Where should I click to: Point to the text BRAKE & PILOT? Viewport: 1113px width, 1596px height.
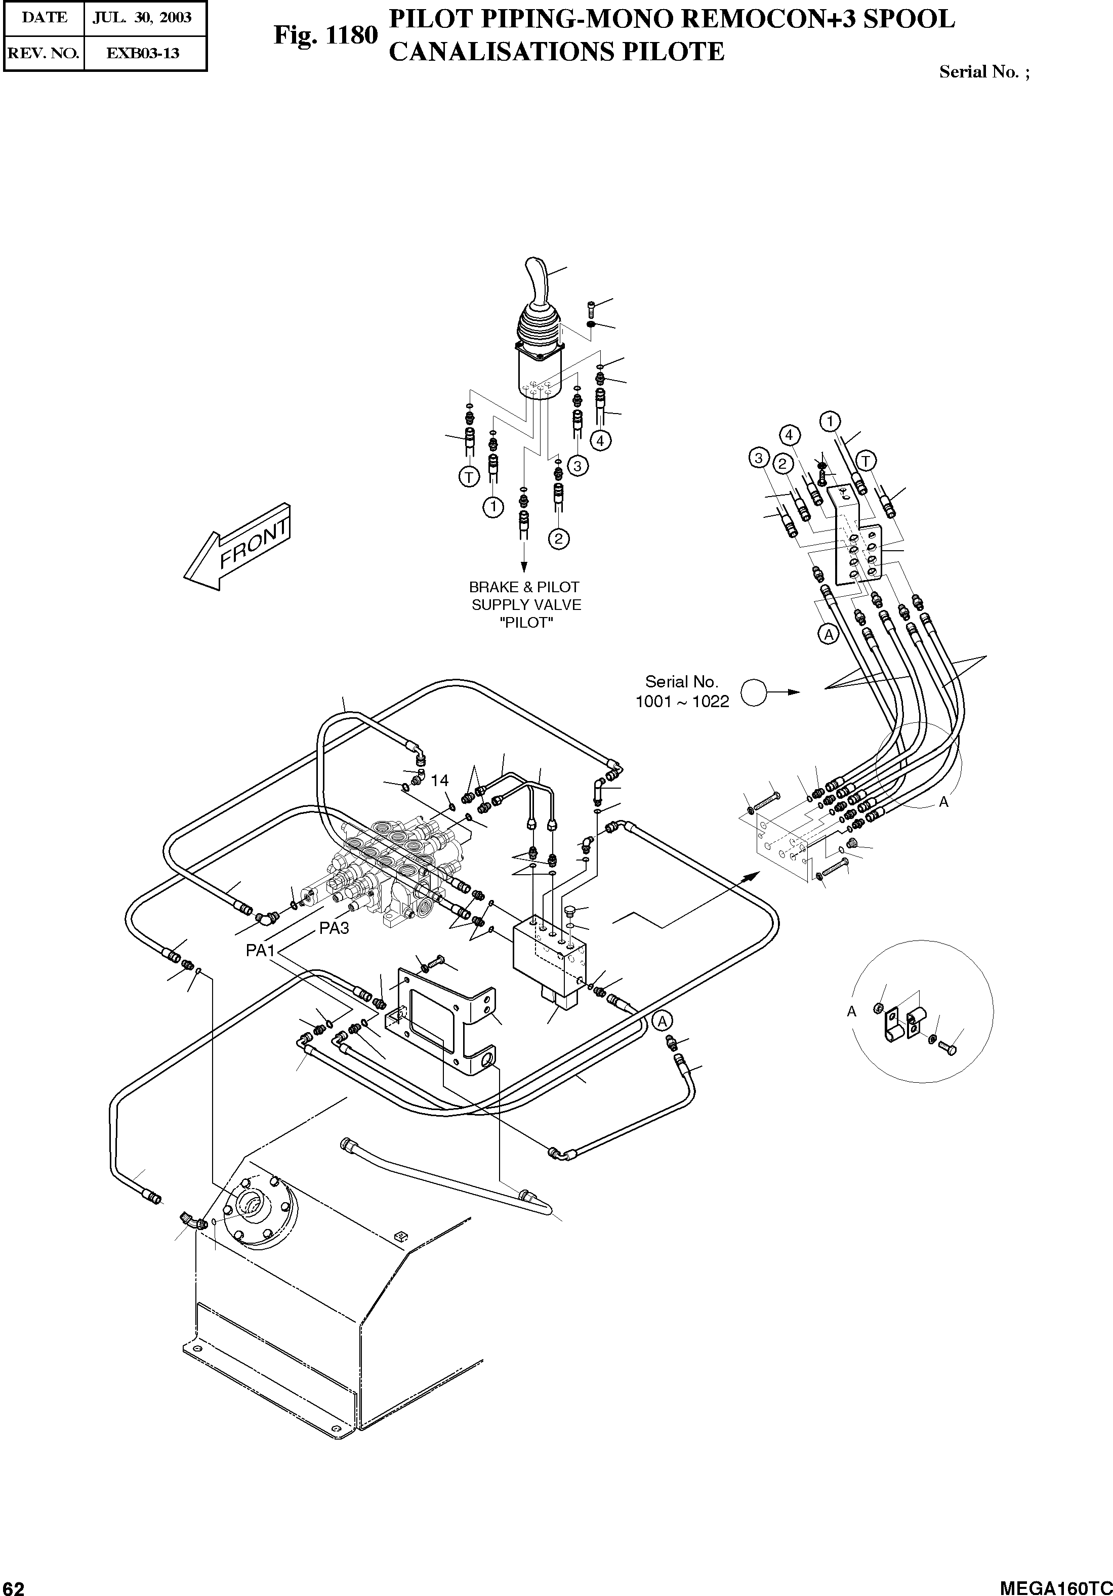pos(524,587)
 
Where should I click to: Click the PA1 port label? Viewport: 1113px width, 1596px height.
pos(261,950)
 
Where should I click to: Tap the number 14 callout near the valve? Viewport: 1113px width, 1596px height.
pos(439,781)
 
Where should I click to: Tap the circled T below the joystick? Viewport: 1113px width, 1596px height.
pos(469,477)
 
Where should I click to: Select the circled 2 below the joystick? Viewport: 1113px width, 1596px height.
pos(558,538)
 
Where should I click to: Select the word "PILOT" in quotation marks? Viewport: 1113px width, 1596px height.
pos(526,623)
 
